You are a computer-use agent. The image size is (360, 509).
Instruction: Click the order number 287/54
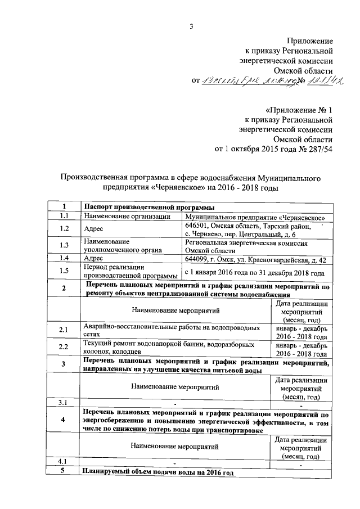(318, 149)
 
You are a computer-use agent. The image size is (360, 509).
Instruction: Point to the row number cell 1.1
(64, 217)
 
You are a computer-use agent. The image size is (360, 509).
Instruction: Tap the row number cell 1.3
(64, 245)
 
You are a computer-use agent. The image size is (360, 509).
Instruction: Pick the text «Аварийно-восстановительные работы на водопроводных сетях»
(171, 330)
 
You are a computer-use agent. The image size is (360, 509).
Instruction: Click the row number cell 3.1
(64, 403)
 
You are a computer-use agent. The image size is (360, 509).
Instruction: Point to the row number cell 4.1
(64, 462)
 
